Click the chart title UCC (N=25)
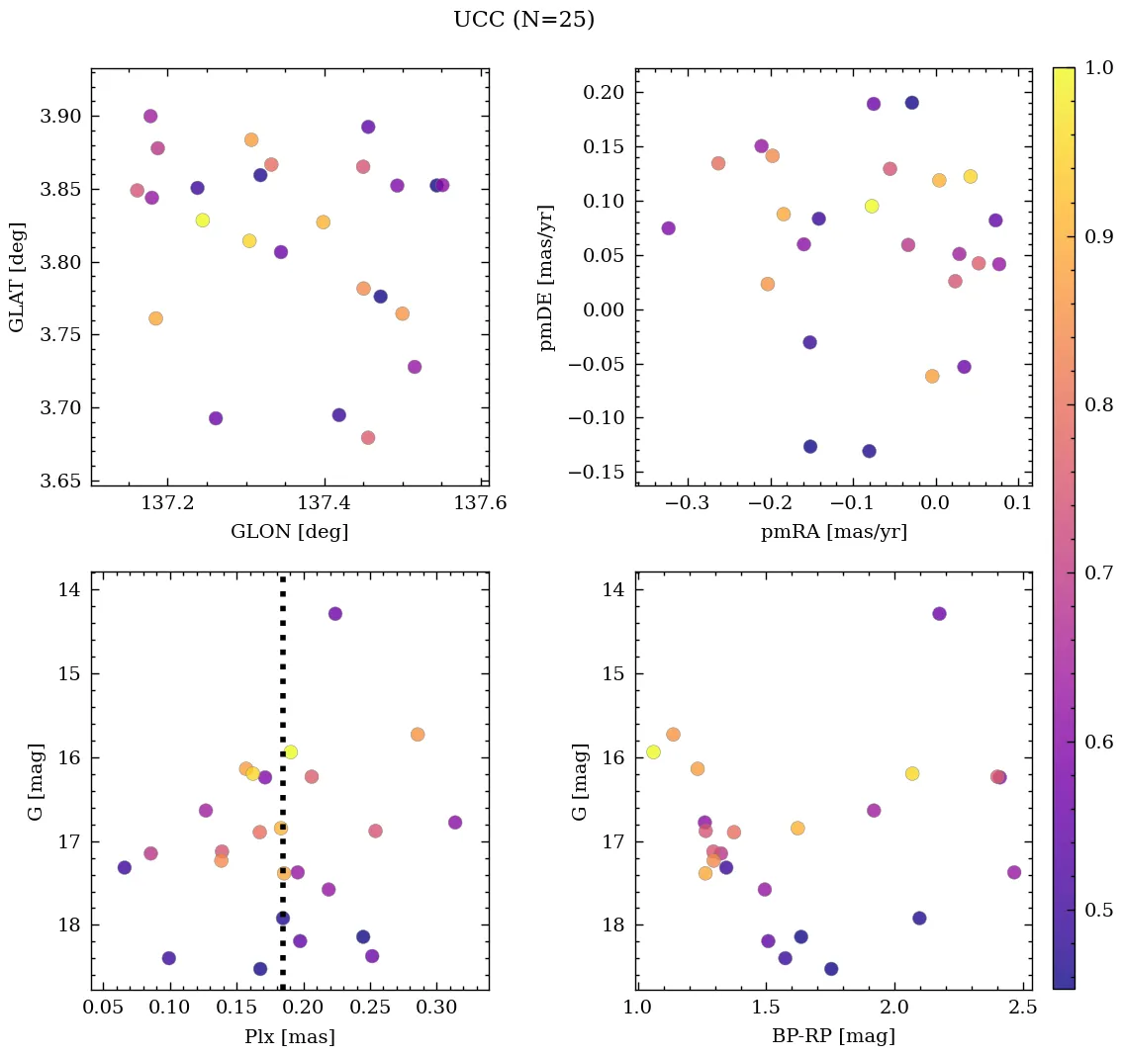523,20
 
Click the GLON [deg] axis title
289,532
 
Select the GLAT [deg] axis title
17,277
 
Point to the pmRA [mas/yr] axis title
833,532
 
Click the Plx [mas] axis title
289,1036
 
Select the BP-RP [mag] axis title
833,1036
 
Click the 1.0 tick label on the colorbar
1100,67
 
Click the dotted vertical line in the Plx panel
282,692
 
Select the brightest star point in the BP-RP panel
939,613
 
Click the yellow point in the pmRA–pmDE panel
872,206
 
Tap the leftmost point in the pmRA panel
668,228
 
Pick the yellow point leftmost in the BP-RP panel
653,751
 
